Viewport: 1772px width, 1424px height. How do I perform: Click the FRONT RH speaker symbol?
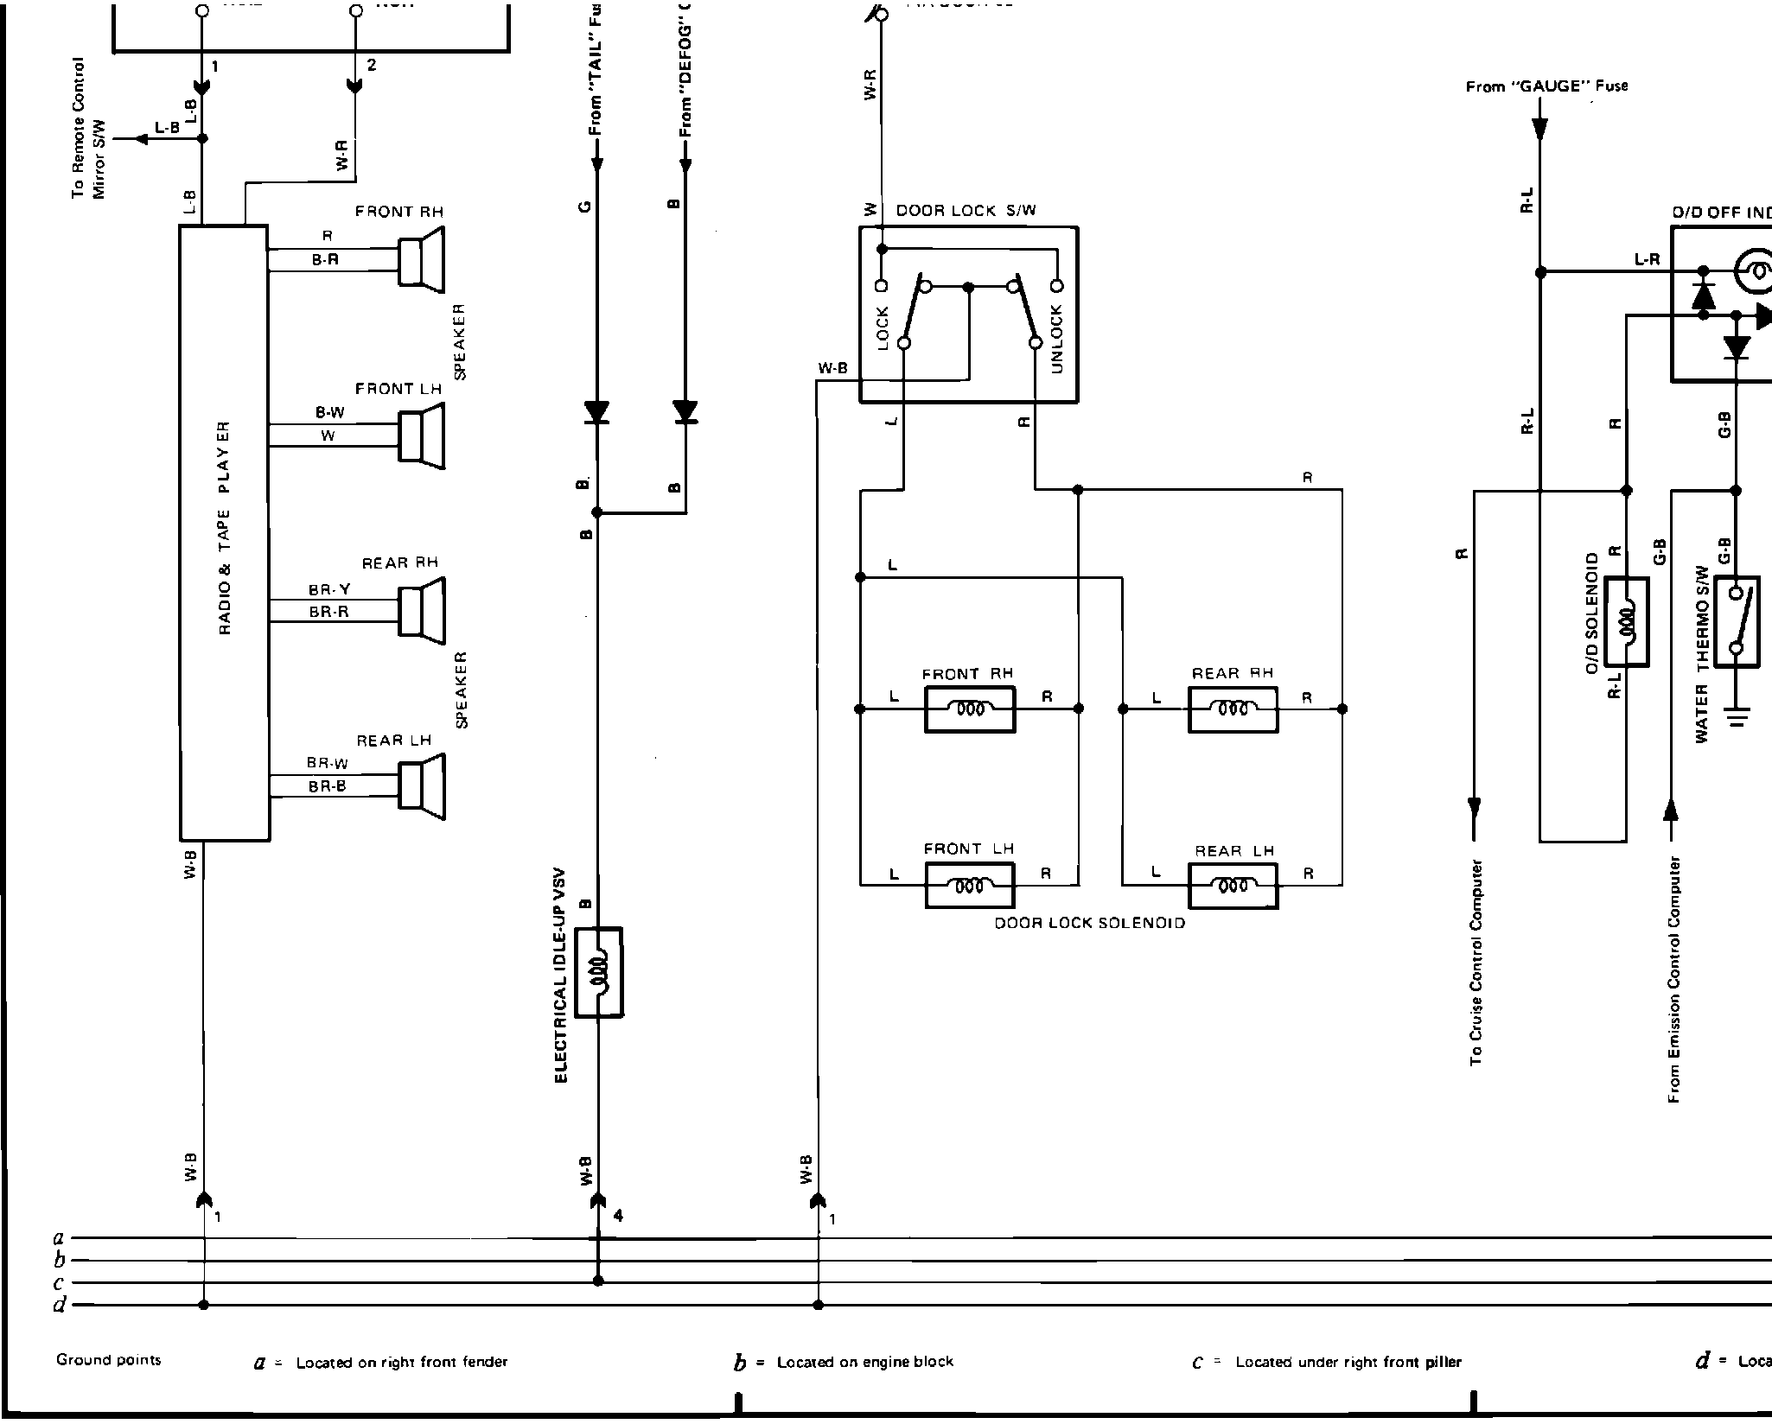[x=422, y=257]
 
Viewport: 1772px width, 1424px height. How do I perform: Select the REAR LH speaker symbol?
[x=422, y=785]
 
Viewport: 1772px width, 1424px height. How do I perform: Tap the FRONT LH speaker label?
[x=398, y=389]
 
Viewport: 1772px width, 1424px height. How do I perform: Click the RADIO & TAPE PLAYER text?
[x=225, y=528]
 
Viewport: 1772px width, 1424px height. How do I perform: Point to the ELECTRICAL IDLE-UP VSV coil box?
[x=599, y=972]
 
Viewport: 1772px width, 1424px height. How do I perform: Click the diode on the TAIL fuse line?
[x=596, y=412]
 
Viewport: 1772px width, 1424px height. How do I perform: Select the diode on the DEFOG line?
[x=686, y=412]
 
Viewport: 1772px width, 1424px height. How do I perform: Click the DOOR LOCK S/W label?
[x=966, y=210]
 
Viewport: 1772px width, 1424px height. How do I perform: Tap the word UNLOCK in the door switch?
[x=1056, y=340]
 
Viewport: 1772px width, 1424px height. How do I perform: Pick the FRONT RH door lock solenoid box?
[x=970, y=709]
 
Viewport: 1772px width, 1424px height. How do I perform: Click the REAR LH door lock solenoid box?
[x=1233, y=886]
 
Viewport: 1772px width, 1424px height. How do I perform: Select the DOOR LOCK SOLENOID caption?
[x=1089, y=923]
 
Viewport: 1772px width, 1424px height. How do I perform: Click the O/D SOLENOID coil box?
[x=1626, y=622]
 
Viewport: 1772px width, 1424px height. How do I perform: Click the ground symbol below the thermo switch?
[x=1737, y=716]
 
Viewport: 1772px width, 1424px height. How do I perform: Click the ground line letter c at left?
[x=59, y=1283]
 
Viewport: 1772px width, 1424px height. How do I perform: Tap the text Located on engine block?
[x=864, y=1362]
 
